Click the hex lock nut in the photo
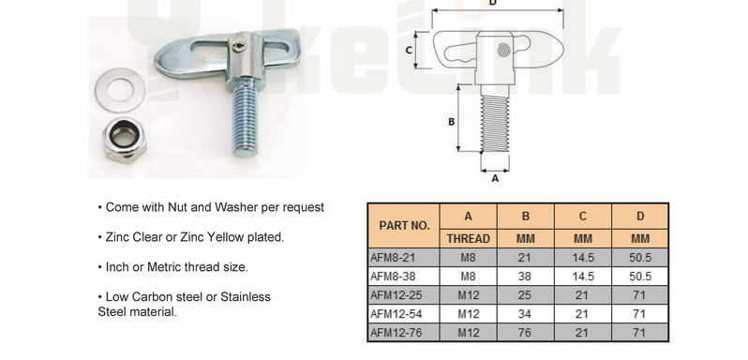click(x=122, y=140)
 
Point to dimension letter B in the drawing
click(x=451, y=122)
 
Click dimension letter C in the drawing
click(x=409, y=49)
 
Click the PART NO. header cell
click(x=404, y=226)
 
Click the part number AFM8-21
click(x=392, y=256)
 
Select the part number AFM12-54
click(x=395, y=313)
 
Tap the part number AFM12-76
click(x=395, y=332)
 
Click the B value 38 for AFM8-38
click(x=526, y=276)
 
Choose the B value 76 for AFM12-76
click(x=526, y=332)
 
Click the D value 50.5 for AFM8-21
click(x=640, y=256)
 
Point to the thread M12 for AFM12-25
click(x=468, y=294)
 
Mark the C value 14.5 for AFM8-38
click(x=582, y=276)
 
